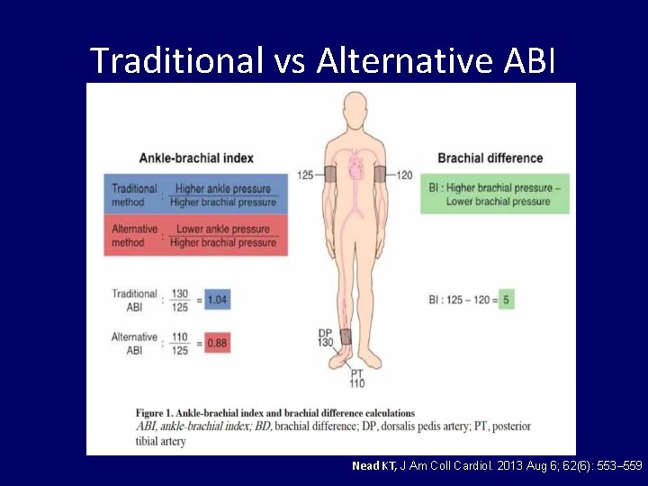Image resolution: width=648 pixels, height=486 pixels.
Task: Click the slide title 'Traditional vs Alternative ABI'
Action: [323, 59]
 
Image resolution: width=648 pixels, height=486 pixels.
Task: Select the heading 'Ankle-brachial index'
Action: [196, 158]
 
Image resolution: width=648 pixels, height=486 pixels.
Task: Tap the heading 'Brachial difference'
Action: [490, 158]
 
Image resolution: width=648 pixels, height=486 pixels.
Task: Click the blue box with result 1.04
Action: [217, 301]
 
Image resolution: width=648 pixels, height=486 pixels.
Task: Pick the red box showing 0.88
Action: [217, 343]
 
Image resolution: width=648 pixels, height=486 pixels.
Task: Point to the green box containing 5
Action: [507, 301]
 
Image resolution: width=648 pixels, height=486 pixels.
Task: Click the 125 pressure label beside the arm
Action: [306, 174]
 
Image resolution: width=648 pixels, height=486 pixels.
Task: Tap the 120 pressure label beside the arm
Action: [404, 174]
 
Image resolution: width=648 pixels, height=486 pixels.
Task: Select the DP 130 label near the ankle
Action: [325, 338]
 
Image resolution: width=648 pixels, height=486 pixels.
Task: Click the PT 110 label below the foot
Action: [356, 378]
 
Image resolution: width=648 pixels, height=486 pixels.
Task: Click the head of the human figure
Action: [355, 108]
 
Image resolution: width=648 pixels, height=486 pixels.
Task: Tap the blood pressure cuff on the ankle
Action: [346, 337]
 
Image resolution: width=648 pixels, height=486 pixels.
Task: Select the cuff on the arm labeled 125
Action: [329, 174]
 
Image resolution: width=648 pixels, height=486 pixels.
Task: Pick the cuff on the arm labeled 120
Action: [381, 174]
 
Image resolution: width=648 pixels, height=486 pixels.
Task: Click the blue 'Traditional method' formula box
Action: [195, 195]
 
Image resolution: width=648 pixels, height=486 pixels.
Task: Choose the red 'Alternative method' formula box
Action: [195, 236]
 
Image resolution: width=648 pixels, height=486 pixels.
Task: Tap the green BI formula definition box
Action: [494, 194]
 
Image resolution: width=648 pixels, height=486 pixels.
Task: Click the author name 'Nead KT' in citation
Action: [373, 466]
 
